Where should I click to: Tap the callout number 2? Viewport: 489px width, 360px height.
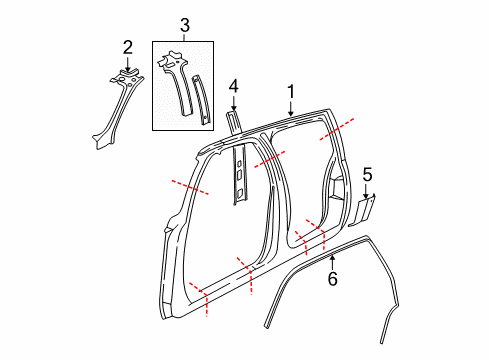pyautogui.click(x=127, y=46)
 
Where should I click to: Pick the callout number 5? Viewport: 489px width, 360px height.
pyautogui.click(x=367, y=174)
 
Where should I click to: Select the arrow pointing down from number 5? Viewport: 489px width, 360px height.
pyautogui.click(x=367, y=191)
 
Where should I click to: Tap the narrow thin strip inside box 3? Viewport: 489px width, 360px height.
pyautogui.click(x=202, y=100)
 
